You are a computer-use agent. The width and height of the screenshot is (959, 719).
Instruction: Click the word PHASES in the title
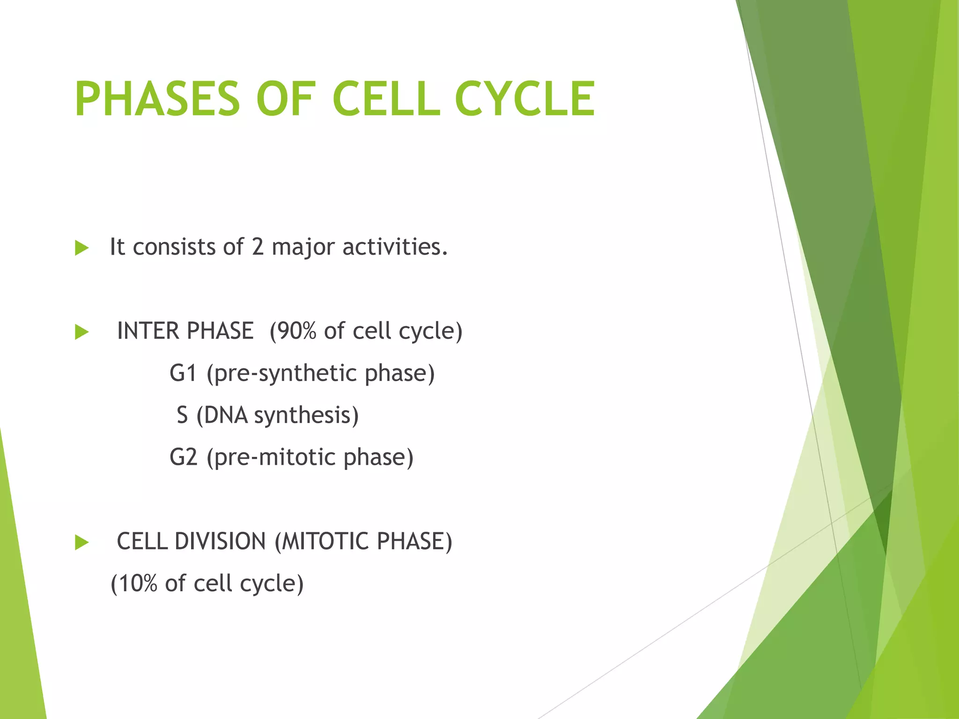click(157, 99)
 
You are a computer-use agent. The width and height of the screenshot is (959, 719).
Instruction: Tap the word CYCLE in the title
click(524, 99)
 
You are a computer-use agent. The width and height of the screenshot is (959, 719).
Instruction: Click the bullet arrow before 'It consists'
click(81, 248)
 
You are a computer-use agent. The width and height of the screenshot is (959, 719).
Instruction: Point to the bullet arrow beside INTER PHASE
click(81, 332)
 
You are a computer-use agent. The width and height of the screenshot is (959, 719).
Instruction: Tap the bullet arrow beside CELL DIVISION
click(81, 543)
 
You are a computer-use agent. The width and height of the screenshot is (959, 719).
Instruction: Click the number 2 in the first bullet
click(258, 247)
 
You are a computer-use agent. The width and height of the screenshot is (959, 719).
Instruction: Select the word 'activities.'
click(395, 247)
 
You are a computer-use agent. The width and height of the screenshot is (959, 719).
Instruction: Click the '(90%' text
click(293, 331)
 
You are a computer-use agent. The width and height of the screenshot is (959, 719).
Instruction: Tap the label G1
click(183, 373)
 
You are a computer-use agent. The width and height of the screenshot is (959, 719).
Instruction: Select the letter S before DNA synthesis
click(182, 415)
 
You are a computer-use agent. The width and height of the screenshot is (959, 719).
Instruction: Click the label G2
click(183, 457)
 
